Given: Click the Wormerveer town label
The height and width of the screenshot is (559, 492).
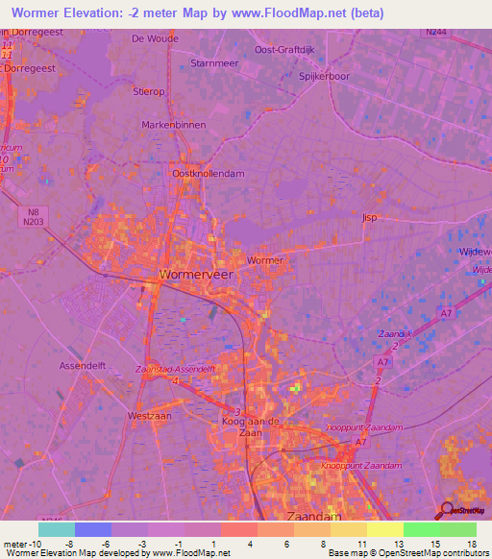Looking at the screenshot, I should point(196,275).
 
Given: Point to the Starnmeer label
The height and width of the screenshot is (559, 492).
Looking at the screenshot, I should point(213,62).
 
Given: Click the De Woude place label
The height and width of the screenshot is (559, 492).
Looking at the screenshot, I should point(155,38).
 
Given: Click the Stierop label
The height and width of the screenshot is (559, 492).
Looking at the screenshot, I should point(150,93).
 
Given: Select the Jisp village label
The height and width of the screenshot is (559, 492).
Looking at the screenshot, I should point(370,218).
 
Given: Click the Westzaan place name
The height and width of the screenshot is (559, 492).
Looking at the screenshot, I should point(149,417).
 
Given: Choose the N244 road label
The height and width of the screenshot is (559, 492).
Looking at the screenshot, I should point(437,32).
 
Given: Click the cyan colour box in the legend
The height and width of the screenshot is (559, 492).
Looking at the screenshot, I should point(56,529).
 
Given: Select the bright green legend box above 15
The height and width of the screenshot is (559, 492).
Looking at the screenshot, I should point(422,529).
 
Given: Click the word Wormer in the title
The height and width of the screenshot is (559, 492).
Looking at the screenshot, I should point(37,12).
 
